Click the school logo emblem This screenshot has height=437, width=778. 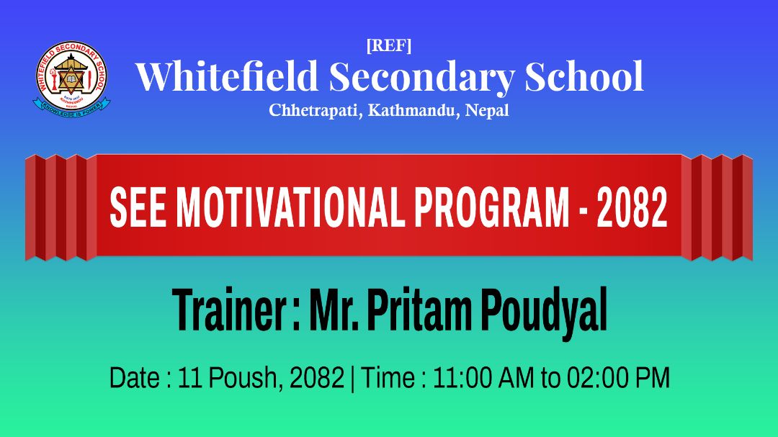72,79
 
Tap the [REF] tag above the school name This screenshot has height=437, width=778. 389,45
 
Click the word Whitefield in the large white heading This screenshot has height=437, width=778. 227,76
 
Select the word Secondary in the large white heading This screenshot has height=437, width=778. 421,78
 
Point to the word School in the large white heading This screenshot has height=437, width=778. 584,76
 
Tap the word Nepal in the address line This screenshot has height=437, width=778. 487,110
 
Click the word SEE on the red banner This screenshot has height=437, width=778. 138,208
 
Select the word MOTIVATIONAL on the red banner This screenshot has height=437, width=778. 291,208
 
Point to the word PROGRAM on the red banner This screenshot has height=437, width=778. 492,208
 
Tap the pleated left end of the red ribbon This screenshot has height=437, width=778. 61,207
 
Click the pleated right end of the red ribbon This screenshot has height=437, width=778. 717,207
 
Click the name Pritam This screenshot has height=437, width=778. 419,310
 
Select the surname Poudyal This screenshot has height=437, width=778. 545,312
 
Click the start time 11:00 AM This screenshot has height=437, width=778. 484,378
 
